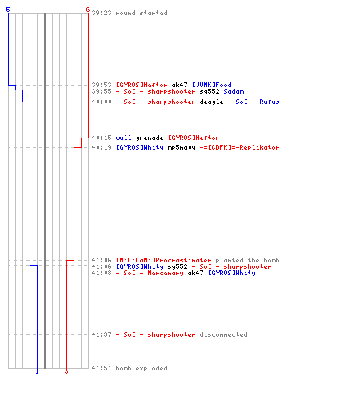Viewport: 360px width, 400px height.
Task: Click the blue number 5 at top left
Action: click(8, 10)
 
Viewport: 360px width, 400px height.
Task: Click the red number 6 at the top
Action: click(88, 10)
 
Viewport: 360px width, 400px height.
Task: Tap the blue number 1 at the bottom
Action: click(37, 371)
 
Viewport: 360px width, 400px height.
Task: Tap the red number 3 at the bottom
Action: click(66, 371)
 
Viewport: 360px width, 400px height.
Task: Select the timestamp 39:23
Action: click(102, 13)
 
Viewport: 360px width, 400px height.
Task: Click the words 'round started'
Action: click(142, 13)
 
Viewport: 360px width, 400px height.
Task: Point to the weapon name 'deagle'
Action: click(211, 102)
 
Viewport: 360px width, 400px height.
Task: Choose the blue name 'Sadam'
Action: click(234, 91)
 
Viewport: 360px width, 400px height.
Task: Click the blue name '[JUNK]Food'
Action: click(212, 85)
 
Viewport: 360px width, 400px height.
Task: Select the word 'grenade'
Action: click(150, 138)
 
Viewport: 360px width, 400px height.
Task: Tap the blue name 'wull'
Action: click(123, 138)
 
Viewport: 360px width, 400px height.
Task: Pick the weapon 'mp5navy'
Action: click(182, 147)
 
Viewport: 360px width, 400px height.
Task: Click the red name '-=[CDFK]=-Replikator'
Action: click(239, 147)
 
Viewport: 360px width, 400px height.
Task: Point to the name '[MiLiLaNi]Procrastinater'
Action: click(164, 260)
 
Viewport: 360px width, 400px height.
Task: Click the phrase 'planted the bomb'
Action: click(247, 260)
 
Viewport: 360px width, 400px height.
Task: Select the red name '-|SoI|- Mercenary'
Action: click(150, 273)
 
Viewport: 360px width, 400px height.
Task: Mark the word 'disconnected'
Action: click(223, 334)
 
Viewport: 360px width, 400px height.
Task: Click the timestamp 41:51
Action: click(102, 368)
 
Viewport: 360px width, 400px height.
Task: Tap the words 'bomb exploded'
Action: click(142, 368)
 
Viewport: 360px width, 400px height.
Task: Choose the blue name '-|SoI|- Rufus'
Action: click(254, 102)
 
